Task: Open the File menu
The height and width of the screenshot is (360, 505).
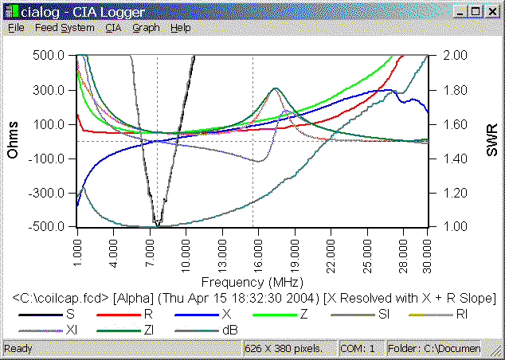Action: [16, 27]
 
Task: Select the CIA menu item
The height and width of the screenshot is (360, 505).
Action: [113, 27]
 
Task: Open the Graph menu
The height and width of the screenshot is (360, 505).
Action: [146, 27]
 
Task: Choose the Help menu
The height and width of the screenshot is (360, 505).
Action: [181, 27]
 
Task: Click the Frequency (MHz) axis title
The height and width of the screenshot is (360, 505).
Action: [247, 282]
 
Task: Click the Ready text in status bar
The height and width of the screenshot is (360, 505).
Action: [18, 349]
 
